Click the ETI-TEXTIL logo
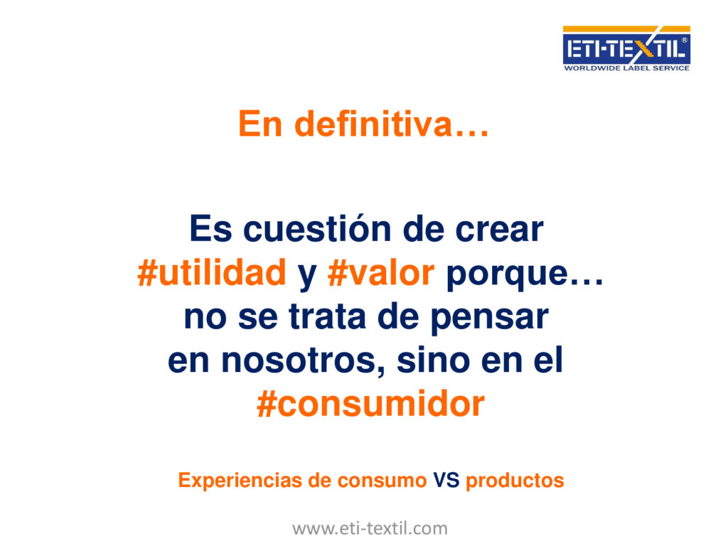626,48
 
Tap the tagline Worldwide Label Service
626,68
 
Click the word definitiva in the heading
374,124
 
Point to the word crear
499,230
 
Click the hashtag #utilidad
212,272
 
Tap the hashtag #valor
381,272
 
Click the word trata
328,316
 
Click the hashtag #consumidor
370,404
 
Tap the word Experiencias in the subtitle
240,481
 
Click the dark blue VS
446,480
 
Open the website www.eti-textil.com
370,528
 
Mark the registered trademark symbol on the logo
684,41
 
